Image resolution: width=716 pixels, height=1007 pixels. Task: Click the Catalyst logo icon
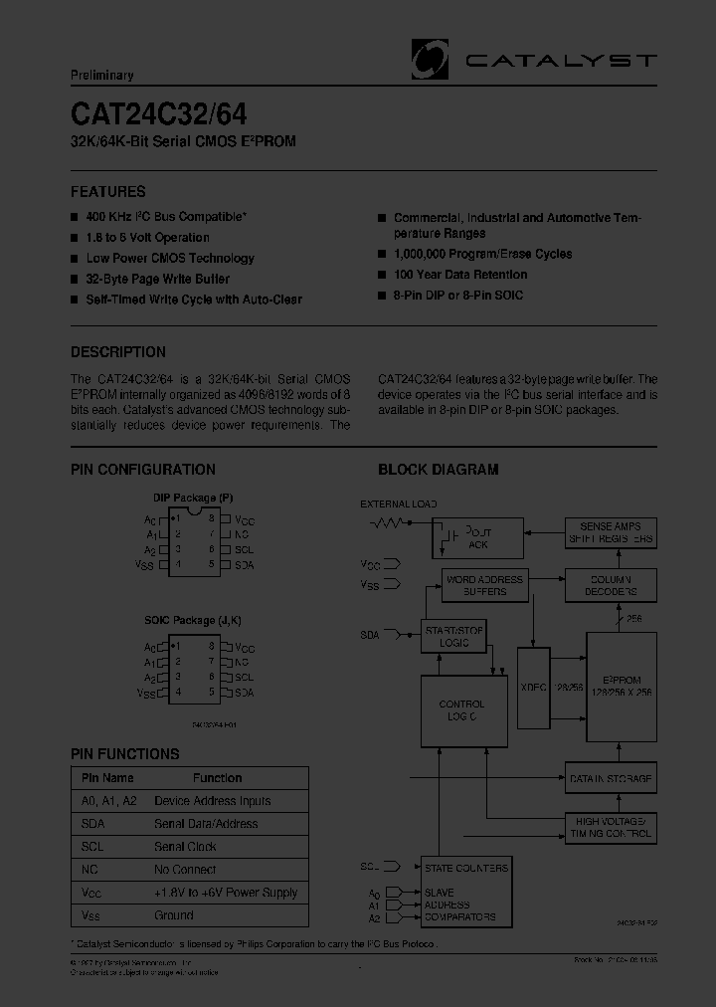[430, 59]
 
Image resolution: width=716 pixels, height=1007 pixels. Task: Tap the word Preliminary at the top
[101, 76]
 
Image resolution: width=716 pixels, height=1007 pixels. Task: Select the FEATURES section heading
[107, 192]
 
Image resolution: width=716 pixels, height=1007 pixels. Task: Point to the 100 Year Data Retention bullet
[459, 275]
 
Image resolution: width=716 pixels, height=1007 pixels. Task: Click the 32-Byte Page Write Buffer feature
[157, 279]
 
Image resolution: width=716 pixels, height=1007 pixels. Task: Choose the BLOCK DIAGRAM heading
[438, 470]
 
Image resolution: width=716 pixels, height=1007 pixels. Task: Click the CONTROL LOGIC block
[462, 710]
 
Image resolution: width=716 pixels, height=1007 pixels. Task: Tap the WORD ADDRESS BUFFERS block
[484, 585]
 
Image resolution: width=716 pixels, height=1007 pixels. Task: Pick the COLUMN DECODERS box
[611, 585]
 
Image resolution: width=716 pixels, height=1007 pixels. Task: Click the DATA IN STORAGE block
[611, 778]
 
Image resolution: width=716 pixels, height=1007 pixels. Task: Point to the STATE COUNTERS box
[465, 868]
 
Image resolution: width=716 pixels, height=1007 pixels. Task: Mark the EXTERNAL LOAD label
[398, 504]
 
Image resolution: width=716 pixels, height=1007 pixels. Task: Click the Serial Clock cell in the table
[186, 847]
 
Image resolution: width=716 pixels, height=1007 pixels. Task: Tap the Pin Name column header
[107, 778]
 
